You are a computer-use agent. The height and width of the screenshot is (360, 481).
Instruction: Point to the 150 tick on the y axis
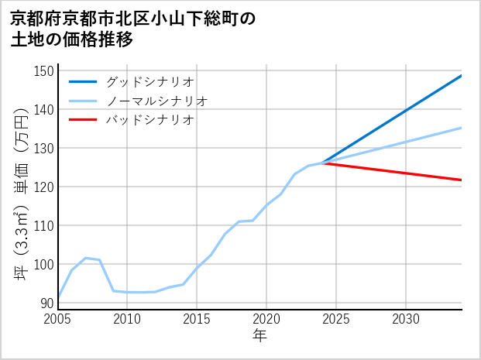coord(45,71)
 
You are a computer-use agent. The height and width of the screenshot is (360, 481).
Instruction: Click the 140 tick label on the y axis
coord(45,110)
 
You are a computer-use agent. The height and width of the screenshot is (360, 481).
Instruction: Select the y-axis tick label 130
coord(45,149)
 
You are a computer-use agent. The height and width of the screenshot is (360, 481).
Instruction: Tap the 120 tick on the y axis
coord(45,187)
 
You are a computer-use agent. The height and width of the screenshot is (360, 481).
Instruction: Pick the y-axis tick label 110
coord(45,226)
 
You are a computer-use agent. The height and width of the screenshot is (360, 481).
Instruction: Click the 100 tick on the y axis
coord(45,265)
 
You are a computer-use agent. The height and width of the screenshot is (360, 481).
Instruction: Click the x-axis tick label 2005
coord(58,319)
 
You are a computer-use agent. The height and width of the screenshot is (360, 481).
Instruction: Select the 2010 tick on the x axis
coord(128,319)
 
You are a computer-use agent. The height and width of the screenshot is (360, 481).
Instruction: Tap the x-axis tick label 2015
coord(198,319)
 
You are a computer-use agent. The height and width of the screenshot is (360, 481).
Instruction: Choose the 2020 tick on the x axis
coord(266,319)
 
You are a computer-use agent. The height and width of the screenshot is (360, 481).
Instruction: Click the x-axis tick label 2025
coord(336,319)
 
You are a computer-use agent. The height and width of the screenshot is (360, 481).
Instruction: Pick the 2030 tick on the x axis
coord(406,319)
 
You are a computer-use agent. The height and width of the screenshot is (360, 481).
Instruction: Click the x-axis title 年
coord(260,336)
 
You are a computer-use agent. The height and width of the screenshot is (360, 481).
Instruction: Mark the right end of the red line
coord(462,180)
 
